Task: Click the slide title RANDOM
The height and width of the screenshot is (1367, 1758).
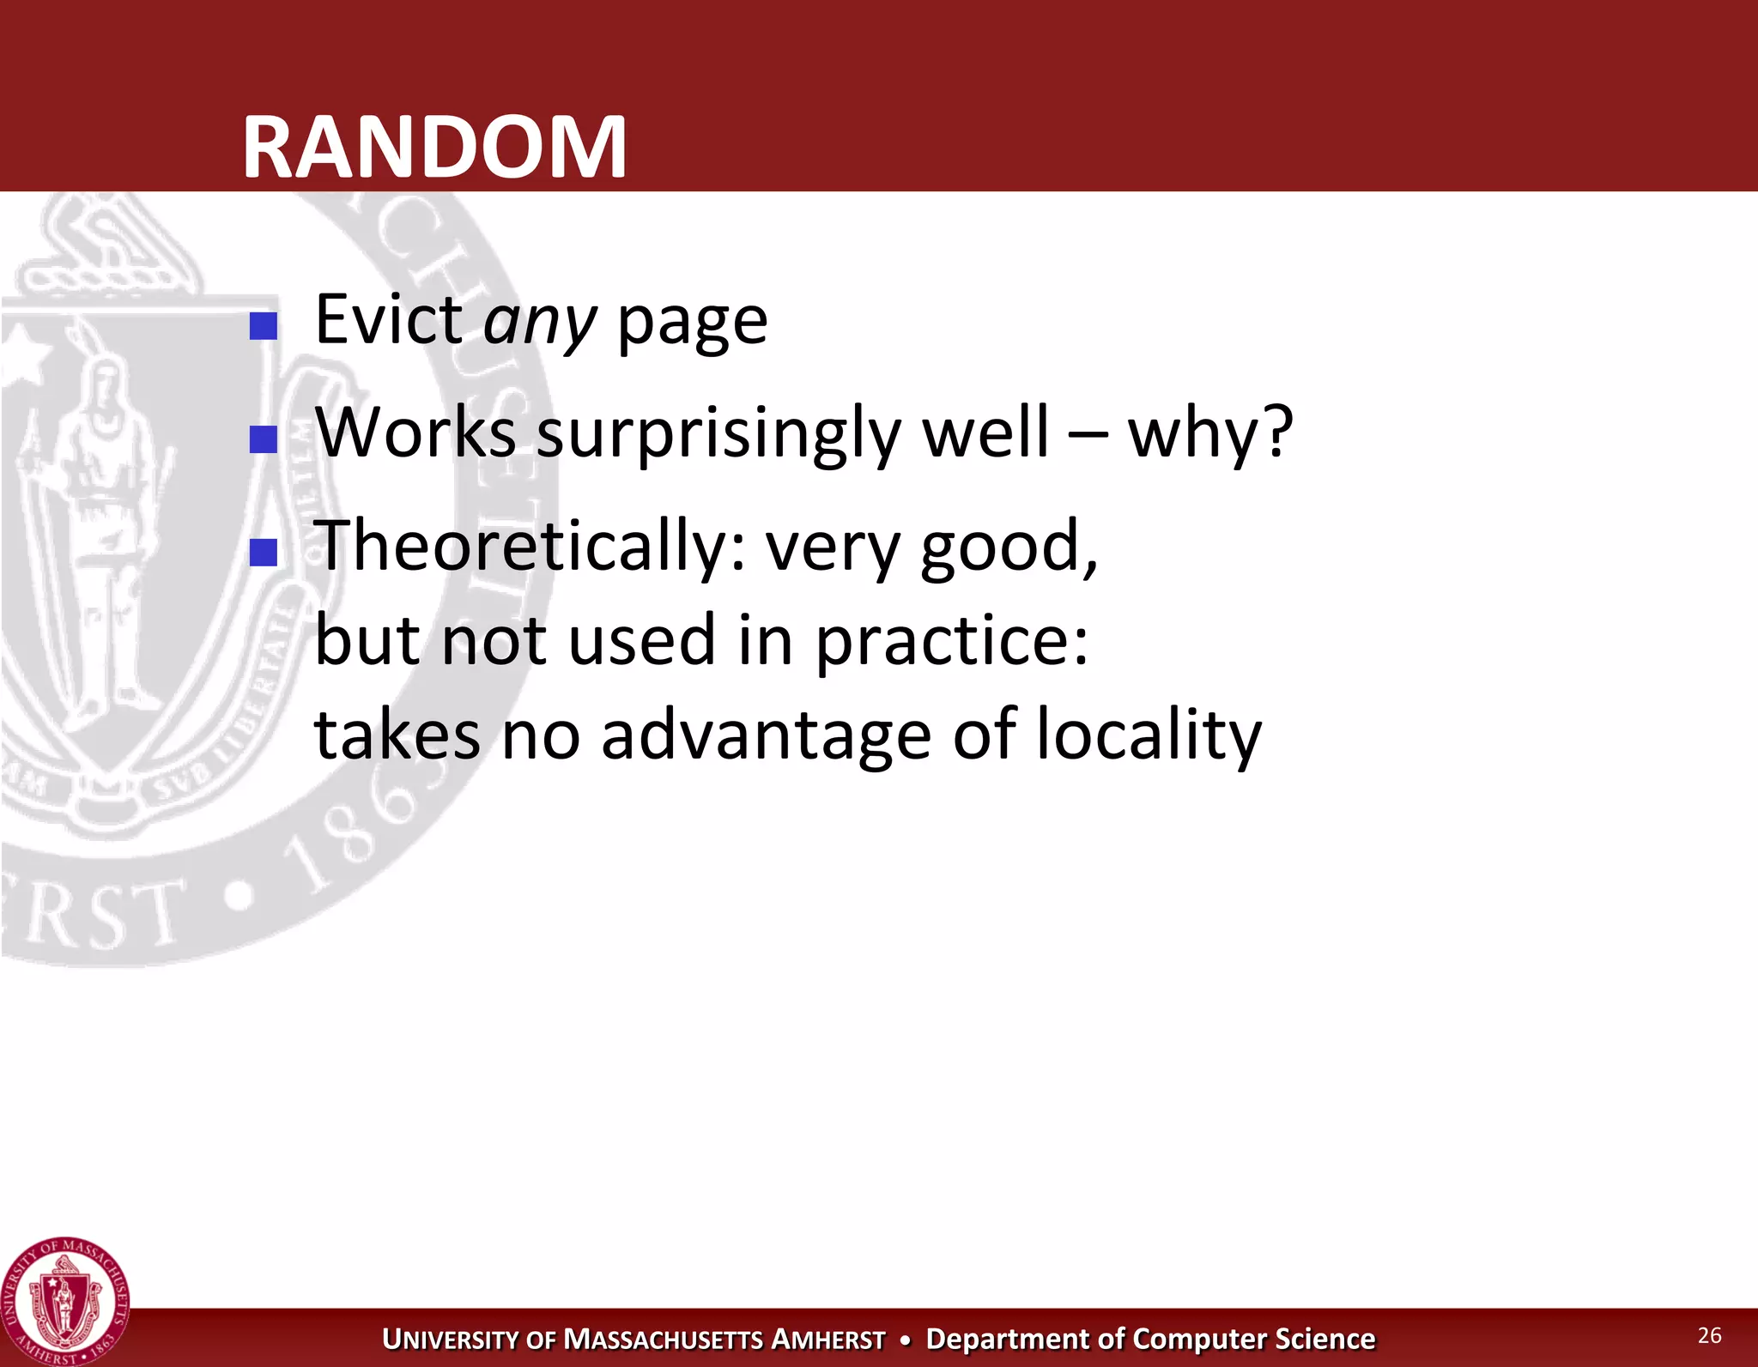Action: click(x=434, y=148)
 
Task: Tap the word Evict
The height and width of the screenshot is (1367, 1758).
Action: click(x=388, y=319)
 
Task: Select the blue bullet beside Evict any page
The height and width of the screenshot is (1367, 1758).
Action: click(x=263, y=326)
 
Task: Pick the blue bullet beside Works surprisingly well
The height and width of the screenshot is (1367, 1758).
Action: click(x=263, y=439)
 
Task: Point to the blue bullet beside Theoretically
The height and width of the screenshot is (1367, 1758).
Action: click(x=263, y=553)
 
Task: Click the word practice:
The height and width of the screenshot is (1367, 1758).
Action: click(x=951, y=641)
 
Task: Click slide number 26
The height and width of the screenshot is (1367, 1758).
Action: click(x=1709, y=1335)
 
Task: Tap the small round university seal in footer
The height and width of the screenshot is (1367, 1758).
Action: click(x=65, y=1302)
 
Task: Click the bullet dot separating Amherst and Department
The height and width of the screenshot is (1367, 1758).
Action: click(x=905, y=1340)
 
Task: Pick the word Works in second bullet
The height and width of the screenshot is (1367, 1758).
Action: click(x=415, y=432)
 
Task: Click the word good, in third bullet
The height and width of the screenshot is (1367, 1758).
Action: click(x=1008, y=547)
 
